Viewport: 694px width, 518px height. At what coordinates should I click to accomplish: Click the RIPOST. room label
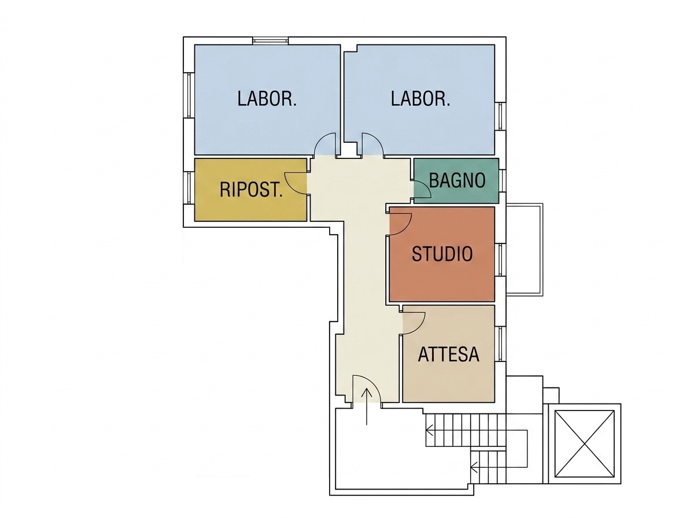coord(251,190)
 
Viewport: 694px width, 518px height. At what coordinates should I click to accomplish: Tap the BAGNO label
coord(457,180)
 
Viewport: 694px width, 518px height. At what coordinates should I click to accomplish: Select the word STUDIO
coord(442,253)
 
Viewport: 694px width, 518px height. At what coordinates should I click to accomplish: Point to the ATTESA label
coord(448,354)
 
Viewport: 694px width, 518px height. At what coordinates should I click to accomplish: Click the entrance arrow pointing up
coord(367,406)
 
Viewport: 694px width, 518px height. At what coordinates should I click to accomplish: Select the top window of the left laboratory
coord(270,41)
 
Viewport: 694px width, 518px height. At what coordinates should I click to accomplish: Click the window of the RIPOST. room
coord(189,187)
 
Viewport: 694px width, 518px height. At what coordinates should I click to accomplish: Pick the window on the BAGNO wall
coord(502,180)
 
